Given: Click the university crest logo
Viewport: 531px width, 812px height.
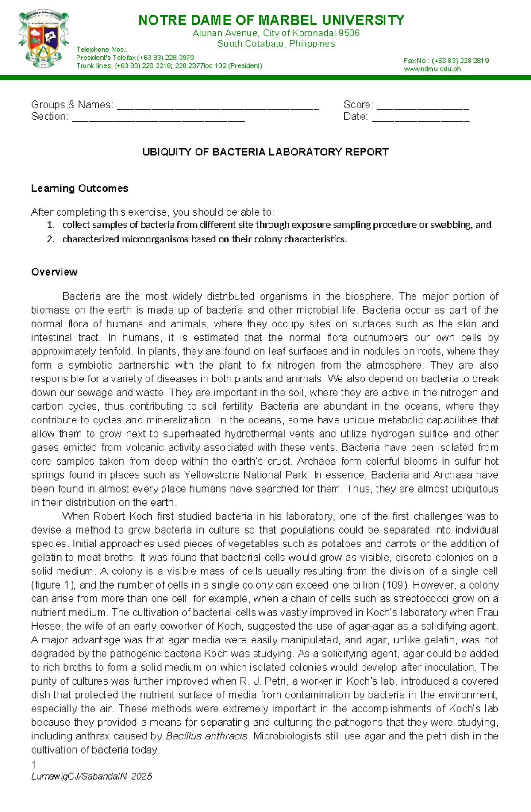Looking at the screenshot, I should (43, 39).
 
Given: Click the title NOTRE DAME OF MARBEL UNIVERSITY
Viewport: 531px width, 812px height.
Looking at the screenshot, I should (271, 20).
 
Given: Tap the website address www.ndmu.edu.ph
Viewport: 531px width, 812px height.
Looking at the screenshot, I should (432, 69).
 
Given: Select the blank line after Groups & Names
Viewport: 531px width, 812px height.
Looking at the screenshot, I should (217, 106).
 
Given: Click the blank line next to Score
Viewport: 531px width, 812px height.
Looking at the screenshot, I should (423, 106).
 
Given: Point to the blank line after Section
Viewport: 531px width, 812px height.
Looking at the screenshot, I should (158, 118).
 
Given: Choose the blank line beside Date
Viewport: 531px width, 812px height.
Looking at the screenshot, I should (420, 118).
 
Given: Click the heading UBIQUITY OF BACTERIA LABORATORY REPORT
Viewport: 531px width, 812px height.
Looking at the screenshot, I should (265, 152).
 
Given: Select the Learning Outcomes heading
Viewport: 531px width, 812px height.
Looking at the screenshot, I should (80, 189).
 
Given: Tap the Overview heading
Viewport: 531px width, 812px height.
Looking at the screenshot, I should (54, 272).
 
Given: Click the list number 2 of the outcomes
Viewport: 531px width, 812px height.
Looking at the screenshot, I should (51, 239).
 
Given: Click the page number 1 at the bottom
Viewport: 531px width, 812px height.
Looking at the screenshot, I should (34, 765).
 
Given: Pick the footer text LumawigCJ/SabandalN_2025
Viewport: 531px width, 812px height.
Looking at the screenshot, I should (92, 777).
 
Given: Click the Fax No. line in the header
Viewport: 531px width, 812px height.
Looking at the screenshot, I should (446, 61).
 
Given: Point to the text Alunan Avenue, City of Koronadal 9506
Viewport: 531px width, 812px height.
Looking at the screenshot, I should (276, 33).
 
